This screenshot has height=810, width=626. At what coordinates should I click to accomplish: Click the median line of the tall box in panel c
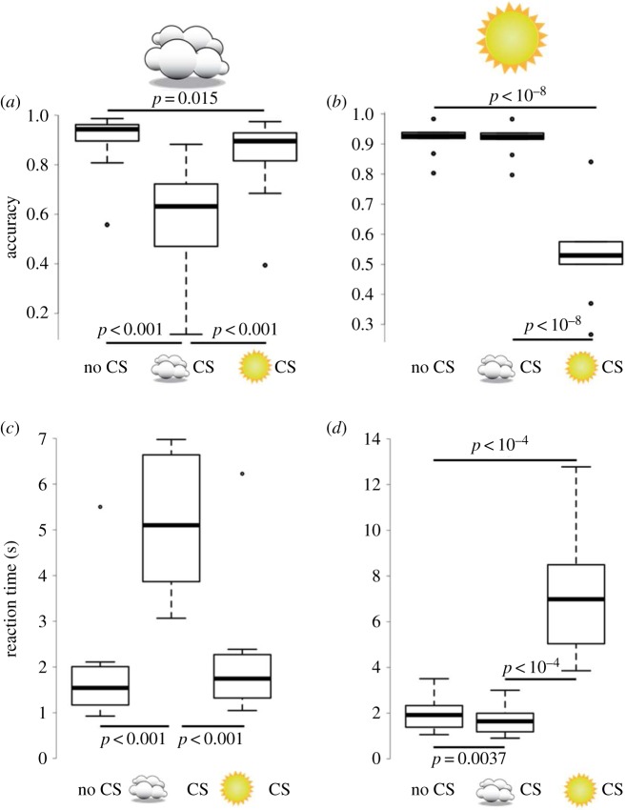tap(171, 525)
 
